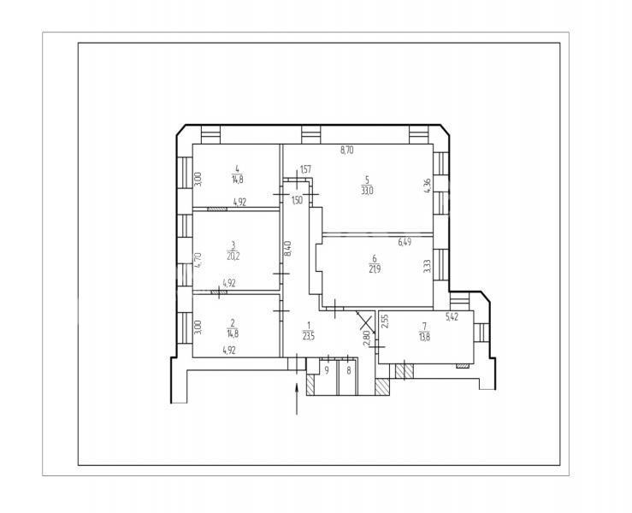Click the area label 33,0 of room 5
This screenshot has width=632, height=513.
[367, 191]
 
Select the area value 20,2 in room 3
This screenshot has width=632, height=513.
[233, 256]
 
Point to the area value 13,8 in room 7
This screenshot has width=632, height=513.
[424, 338]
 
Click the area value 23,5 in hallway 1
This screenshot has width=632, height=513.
[309, 337]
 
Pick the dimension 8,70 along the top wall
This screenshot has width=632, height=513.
[347, 150]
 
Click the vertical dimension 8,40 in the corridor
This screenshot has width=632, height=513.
[287, 248]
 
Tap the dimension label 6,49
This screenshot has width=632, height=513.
[405, 242]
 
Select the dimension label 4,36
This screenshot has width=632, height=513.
[428, 186]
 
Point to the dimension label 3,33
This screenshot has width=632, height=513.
[428, 266]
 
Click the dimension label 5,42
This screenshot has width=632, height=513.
[452, 317]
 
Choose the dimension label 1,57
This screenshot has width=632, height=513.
[306, 169]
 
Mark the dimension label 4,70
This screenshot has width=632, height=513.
[198, 260]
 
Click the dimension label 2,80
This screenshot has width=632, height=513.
[366, 338]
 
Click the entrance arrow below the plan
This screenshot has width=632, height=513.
[297, 399]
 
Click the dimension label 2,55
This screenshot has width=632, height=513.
[385, 321]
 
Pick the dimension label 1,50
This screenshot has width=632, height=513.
[297, 200]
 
